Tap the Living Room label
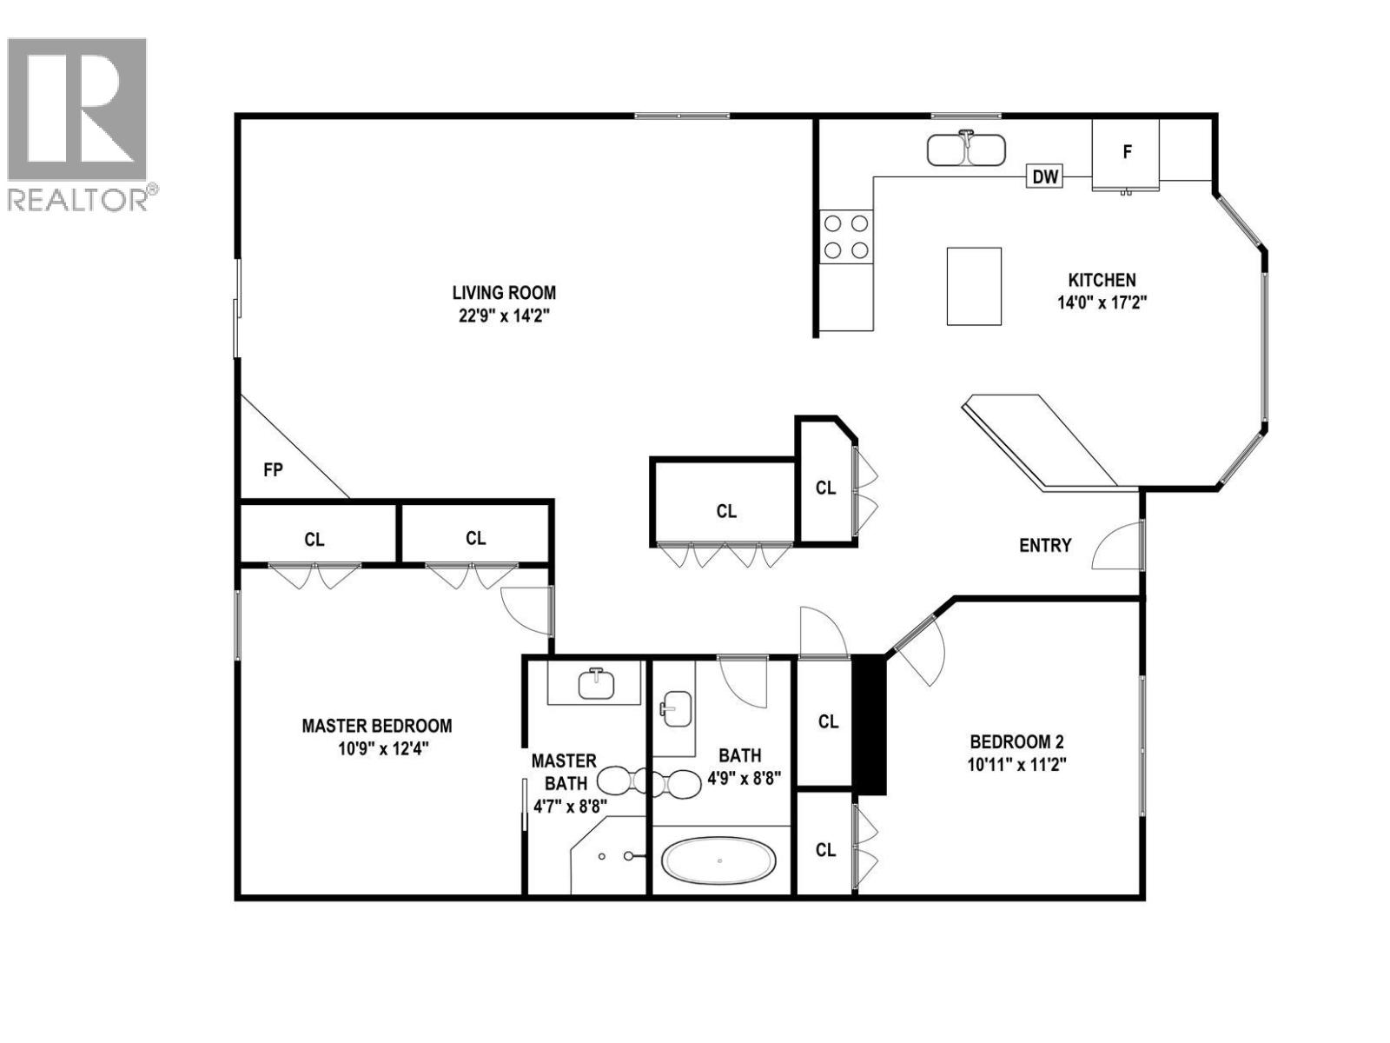coord(504,293)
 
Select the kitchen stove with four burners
coord(846,236)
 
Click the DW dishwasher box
coord(1045,176)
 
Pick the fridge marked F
coord(1126,153)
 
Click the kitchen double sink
coord(965,149)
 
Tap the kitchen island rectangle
coord(974,286)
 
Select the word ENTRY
coord(1045,545)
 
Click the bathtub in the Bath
coord(719,860)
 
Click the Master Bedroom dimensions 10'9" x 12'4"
coord(377,747)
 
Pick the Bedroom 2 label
coord(1016,741)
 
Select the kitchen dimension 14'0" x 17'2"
coord(1102,302)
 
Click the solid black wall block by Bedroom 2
coord(869,725)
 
